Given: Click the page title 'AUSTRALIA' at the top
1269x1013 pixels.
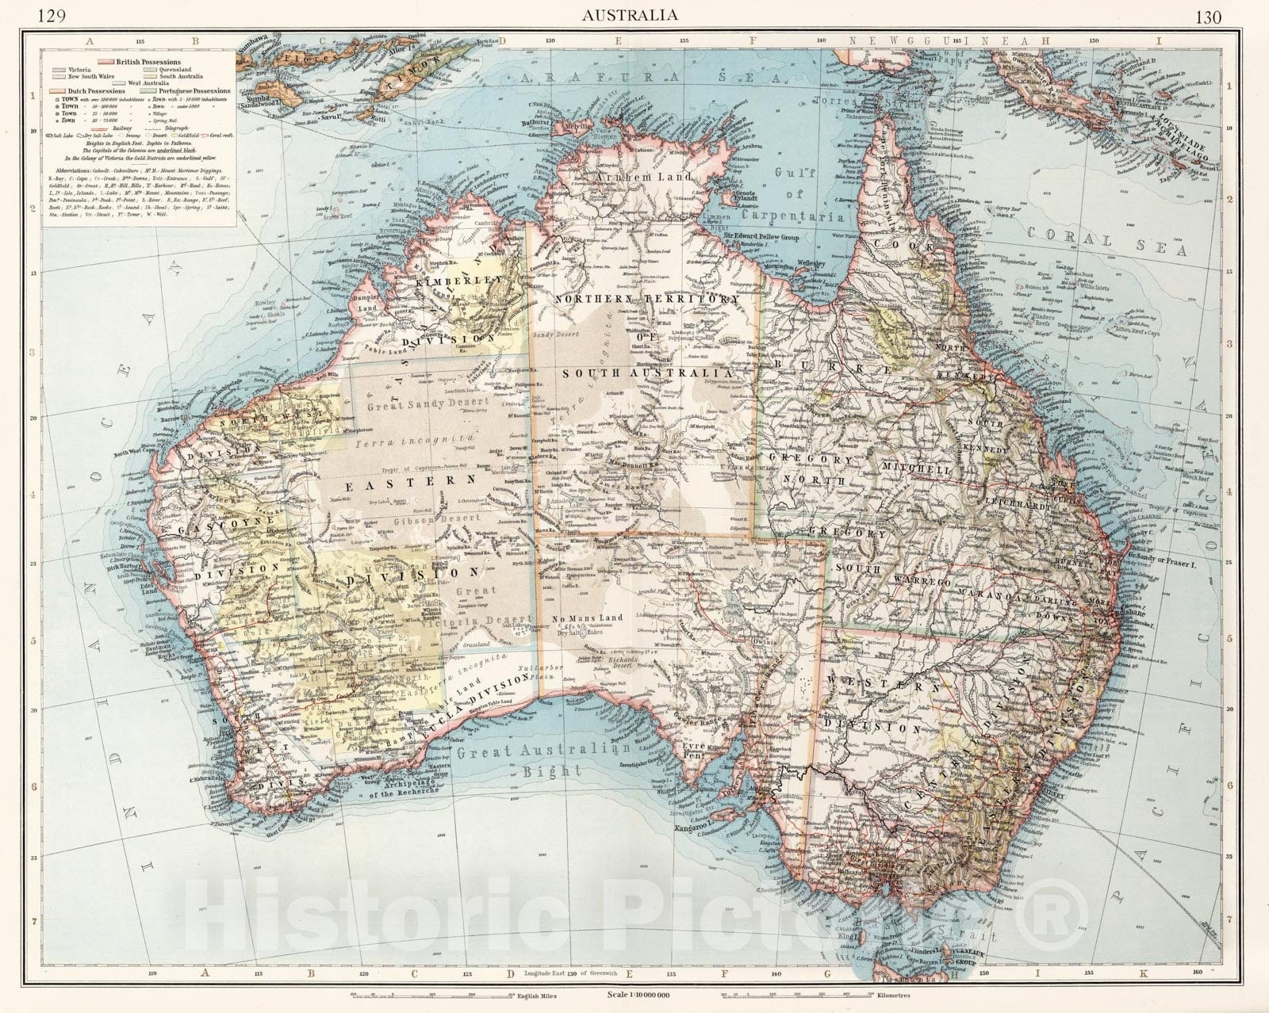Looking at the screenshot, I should (630, 14).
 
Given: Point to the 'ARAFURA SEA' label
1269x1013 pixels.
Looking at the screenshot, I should (603, 77).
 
